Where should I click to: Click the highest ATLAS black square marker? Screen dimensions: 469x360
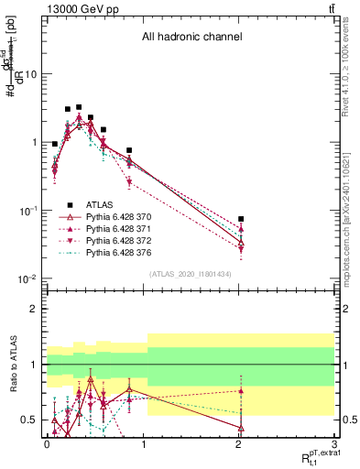79,107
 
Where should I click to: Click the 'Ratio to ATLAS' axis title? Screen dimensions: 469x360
13,364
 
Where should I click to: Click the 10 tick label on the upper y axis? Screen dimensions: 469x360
31,74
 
